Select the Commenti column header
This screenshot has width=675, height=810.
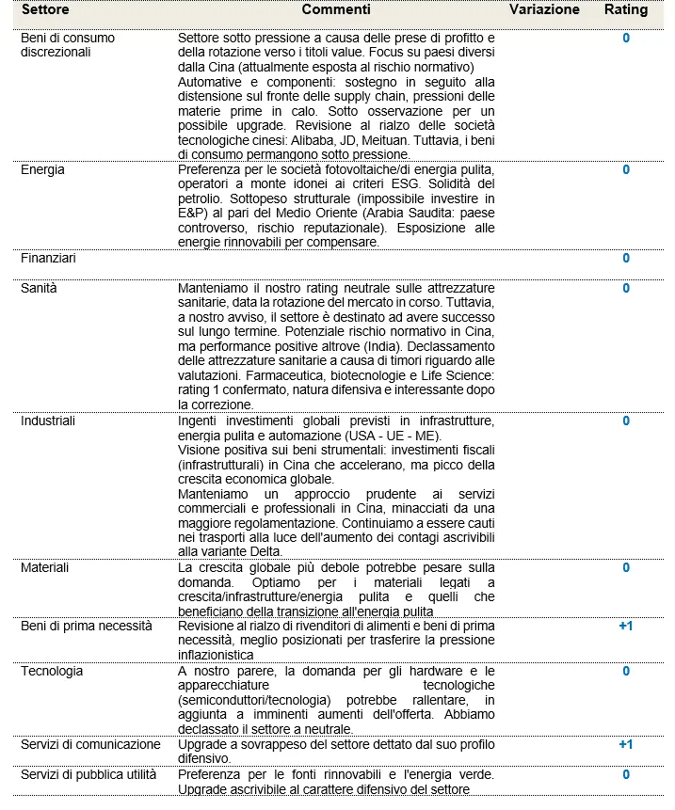pos(336,10)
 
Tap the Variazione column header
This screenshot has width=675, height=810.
pos(544,10)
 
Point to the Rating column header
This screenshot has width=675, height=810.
pos(626,10)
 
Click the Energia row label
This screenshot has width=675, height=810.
pos(43,170)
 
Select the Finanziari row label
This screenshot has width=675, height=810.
pos(49,258)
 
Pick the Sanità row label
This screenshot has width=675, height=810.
pos(40,288)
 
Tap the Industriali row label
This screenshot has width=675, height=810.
pos(47,421)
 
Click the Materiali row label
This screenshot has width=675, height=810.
pos(45,568)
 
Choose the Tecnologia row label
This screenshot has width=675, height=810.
pos(52,672)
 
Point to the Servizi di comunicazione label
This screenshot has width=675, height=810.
pos(90,744)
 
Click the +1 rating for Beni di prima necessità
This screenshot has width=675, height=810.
pos(626,627)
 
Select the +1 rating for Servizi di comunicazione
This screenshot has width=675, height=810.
pos(626,744)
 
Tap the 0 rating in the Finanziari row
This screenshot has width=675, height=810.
pos(626,258)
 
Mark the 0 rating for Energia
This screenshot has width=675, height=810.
pos(626,170)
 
